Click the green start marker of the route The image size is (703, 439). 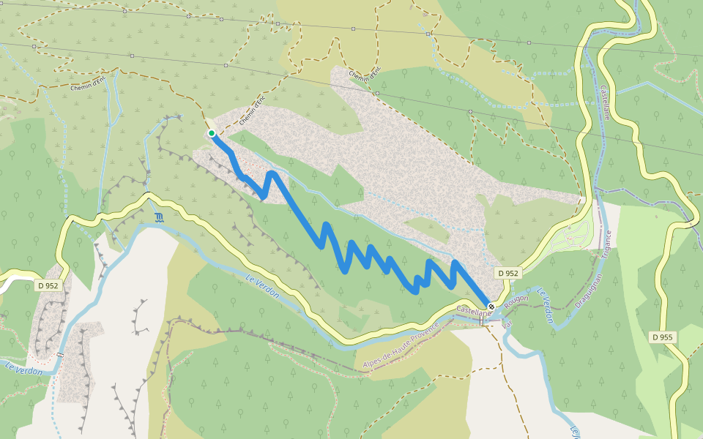pos(212,133)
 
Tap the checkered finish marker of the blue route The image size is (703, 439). pos(491,307)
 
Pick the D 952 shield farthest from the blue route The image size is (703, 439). pos(48,285)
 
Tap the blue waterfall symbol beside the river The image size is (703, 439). pos(160,217)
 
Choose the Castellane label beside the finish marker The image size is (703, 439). pos(472,312)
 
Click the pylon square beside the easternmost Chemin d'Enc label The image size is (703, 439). pos(376,94)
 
